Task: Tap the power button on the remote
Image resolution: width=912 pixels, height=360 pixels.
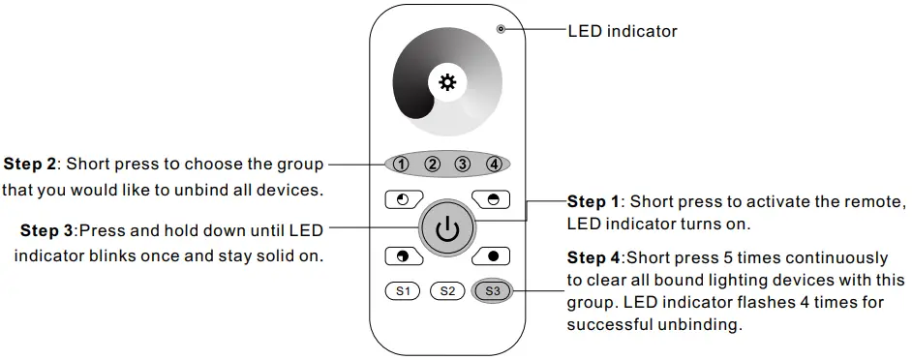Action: pyautogui.click(x=445, y=229)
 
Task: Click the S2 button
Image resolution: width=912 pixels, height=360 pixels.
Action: pyautogui.click(x=446, y=290)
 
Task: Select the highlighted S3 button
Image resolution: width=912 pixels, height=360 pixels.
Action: pyautogui.click(x=492, y=290)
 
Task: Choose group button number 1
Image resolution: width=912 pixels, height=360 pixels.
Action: pyautogui.click(x=400, y=164)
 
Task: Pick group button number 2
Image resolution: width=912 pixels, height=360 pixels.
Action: pyautogui.click(x=432, y=164)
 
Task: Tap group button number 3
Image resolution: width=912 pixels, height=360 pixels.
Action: pyautogui.click(x=463, y=164)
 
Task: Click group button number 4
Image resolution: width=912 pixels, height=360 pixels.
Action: pyautogui.click(x=494, y=164)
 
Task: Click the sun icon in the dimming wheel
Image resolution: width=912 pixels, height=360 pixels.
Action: pyautogui.click(x=446, y=83)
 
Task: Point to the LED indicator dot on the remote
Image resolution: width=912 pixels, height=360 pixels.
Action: pyautogui.click(x=501, y=29)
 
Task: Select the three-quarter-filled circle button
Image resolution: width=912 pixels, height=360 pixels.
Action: pyautogui.click(x=401, y=256)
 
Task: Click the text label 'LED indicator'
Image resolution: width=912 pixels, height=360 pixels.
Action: pyautogui.click(x=622, y=31)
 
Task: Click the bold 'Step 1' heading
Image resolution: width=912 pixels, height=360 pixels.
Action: pyautogui.click(x=593, y=202)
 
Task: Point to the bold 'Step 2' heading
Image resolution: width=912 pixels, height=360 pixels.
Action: pyautogui.click(x=30, y=164)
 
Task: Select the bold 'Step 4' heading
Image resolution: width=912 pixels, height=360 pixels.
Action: pyautogui.click(x=593, y=258)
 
